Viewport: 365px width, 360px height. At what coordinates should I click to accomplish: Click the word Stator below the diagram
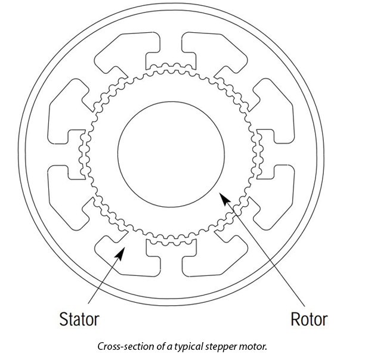pos(79,319)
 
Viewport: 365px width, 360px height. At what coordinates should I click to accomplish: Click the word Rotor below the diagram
pos(308,319)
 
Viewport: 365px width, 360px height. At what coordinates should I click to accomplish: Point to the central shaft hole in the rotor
pos(171,149)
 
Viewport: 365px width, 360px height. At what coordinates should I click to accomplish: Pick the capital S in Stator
pos(64,319)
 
